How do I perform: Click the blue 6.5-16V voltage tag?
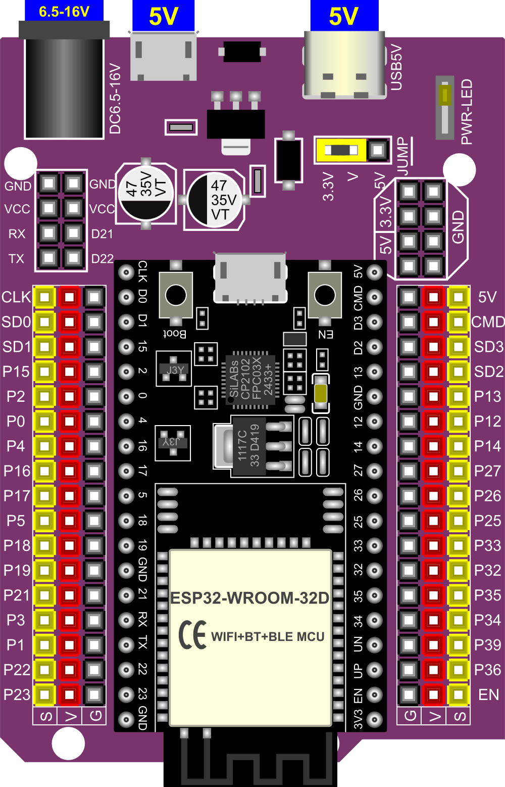[x=64, y=11]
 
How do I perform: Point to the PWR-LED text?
[x=467, y=111]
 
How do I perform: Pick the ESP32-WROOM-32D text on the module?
[x=250, y=598]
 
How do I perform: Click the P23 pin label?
[x=17, y=695]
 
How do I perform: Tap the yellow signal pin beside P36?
[x=458, y=670]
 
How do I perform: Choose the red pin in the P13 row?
[x=433, y=396]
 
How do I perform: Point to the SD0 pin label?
[x=16, y=322]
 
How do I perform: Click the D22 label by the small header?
[x=102, y=259]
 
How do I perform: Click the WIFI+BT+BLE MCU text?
[x=268, y=636]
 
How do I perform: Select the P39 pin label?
[x=487, y=645]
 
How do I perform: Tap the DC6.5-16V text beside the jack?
[x=116, y=99]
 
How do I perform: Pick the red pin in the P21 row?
[x=69, y=595]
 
